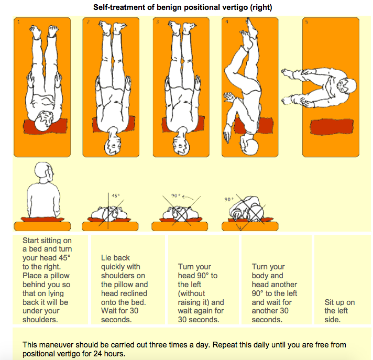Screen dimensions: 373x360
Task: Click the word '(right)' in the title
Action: click(261, 7)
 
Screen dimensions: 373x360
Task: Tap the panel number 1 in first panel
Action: click(18, 22)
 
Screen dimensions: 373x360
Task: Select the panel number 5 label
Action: click(306, 22)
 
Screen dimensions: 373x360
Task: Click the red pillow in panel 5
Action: click(332, 127)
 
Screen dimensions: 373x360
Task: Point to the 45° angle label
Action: click(116, 196)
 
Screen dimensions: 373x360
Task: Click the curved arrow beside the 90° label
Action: click(189, 197)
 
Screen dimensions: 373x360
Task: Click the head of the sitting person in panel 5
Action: click(347, 85)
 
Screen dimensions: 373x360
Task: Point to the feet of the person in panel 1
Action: click(44, 31)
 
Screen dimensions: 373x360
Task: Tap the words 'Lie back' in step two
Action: click(115, 258)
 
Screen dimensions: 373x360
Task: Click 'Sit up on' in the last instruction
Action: click(339, 302)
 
